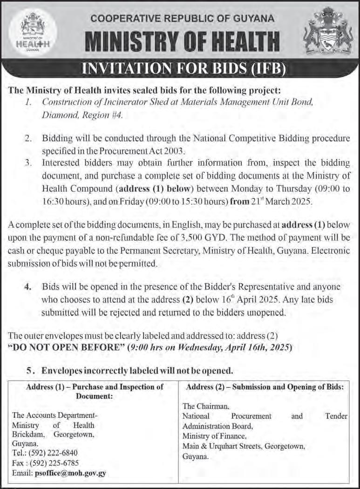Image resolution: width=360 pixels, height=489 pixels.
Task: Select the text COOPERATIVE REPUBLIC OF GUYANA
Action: [183, 19]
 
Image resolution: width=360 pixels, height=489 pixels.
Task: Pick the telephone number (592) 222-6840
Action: [55, 452]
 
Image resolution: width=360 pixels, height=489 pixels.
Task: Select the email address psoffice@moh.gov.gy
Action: [70, 473]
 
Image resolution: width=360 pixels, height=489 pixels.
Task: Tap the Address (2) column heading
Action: [265, 387]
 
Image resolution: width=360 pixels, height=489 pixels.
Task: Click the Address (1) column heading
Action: [95, 391]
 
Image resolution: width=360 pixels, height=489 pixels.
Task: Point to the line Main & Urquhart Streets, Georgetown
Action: [244, 447]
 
